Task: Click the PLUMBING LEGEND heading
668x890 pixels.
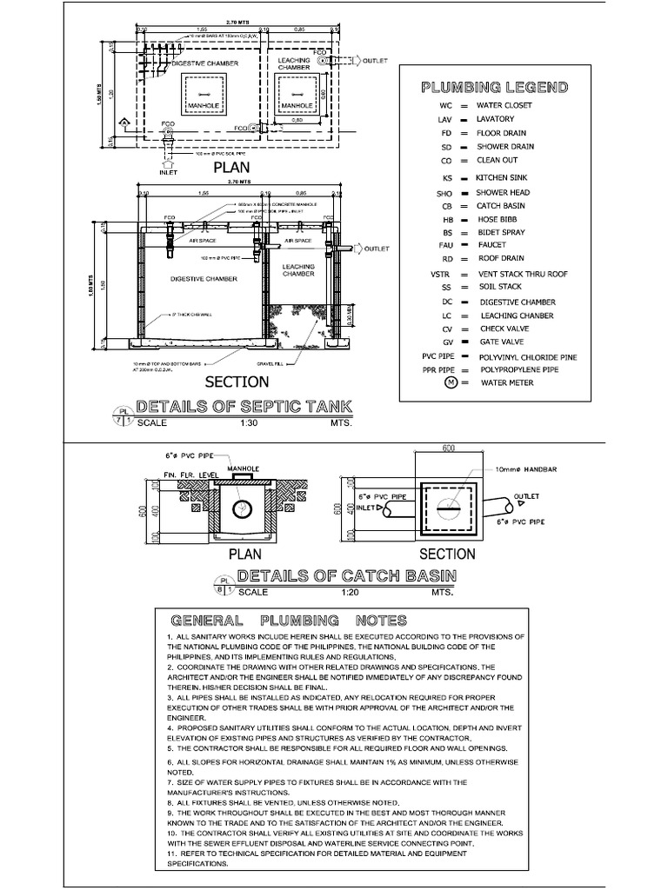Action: click(x=495, y=88)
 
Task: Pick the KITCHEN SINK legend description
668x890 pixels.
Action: click(x=503, y=177)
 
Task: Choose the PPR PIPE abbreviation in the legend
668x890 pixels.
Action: click(x=440, y=369)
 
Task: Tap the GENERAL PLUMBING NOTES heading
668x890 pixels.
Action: click(x=289, y=621)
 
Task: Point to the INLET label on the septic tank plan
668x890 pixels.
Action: click(x=169, y=172)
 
